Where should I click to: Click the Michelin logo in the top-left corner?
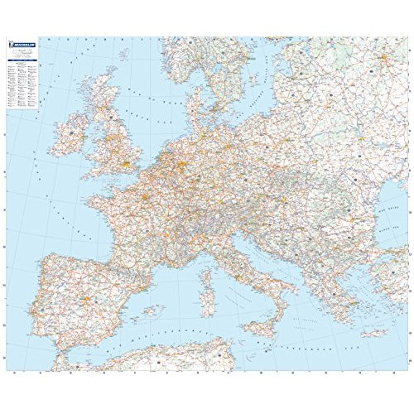pyautogui.click(x=26, y=46)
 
